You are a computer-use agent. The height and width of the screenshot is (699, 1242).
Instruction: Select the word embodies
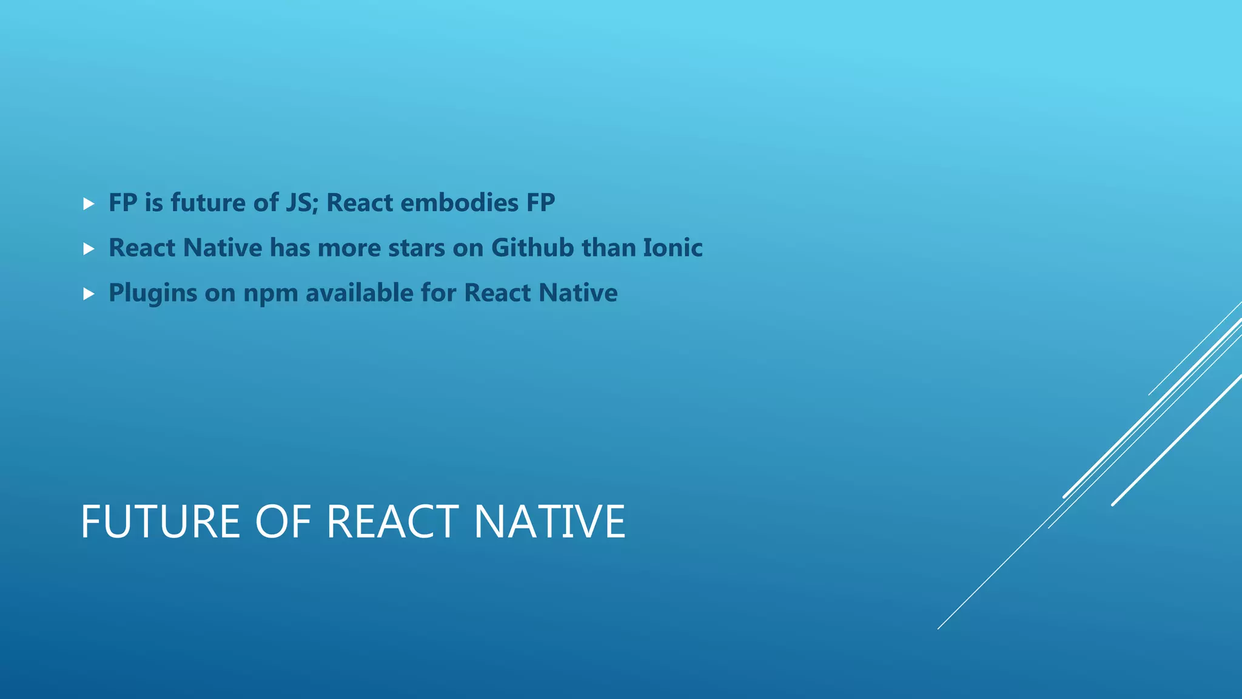click(x=460, y=203)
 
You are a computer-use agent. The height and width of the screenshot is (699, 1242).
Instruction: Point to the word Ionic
click(x=673, y=248)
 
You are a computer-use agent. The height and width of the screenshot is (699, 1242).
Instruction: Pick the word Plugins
click(x=153, y=294)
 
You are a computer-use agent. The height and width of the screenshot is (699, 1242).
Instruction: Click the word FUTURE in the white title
click(x=160, y=522)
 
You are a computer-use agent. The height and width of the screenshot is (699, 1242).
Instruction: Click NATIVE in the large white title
click(x=549, y=522)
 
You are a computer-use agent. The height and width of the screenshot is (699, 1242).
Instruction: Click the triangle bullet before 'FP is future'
click(x=89, y=204)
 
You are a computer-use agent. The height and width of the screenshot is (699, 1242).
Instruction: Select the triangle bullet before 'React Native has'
click(x=89, y=249)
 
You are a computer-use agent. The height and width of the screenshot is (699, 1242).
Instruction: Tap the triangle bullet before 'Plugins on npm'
click(x=89, y=294)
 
